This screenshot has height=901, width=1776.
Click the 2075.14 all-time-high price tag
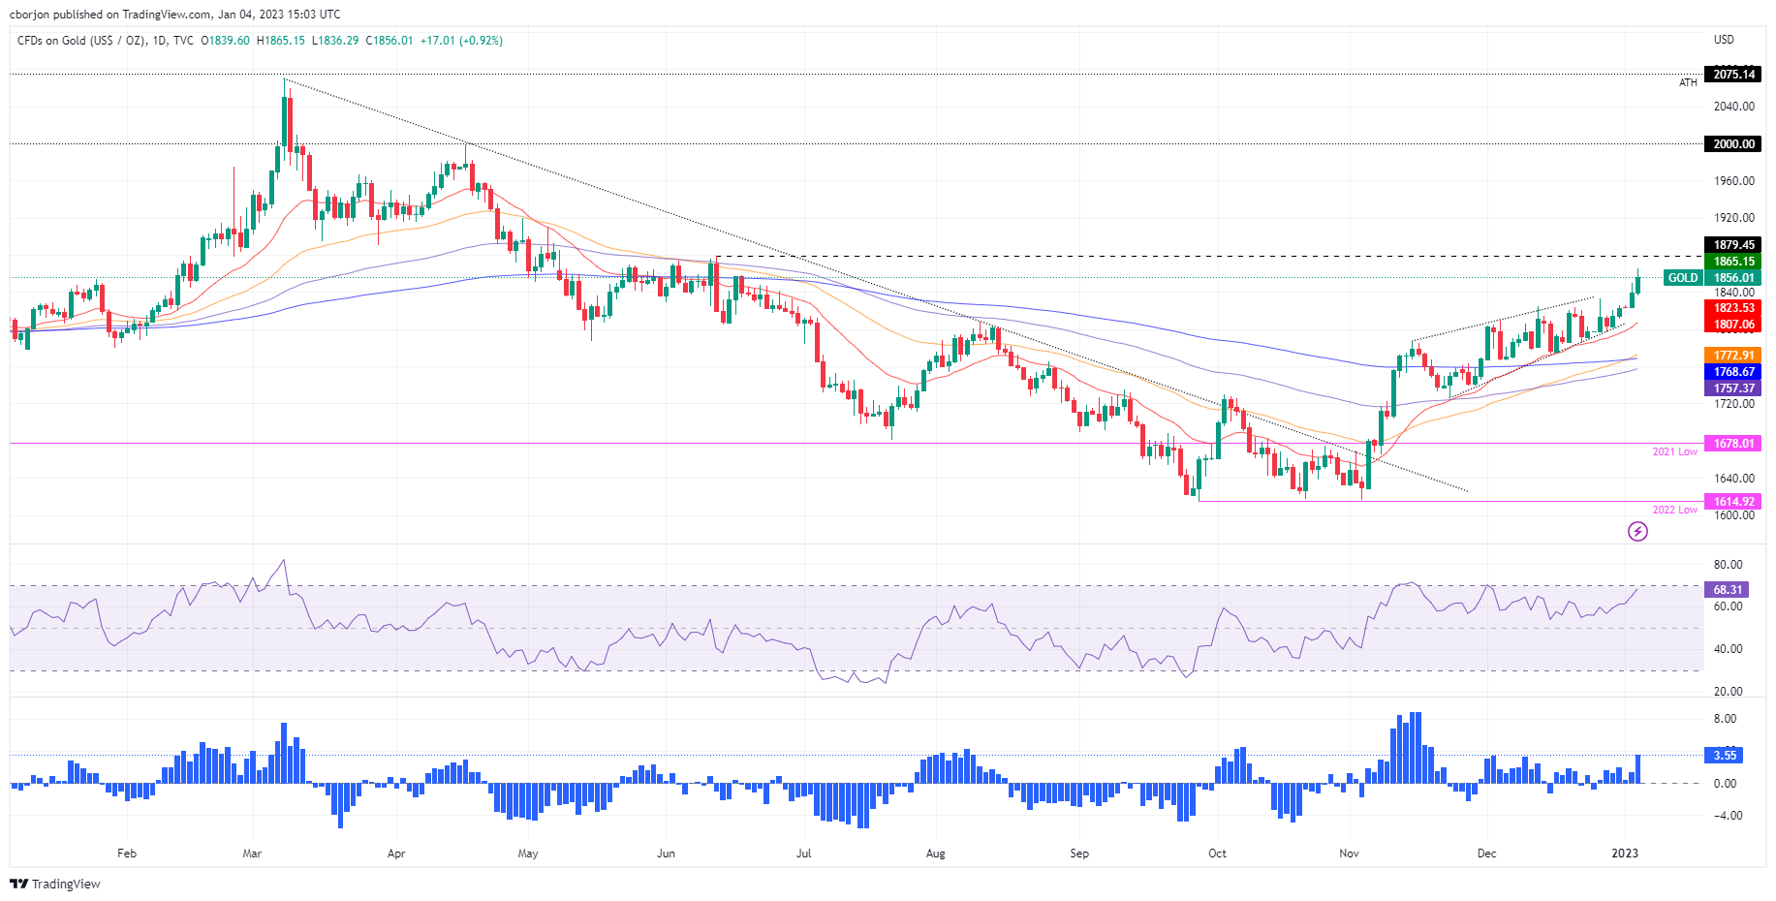1733,75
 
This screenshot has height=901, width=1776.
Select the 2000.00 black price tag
1733,144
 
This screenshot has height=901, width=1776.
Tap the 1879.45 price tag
1733,245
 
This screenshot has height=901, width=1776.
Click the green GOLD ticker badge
1682,278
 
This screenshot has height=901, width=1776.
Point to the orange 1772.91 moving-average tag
1733,356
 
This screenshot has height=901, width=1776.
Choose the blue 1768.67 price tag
1733,372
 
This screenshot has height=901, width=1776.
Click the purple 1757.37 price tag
1733,388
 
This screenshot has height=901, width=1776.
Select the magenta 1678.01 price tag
1733,444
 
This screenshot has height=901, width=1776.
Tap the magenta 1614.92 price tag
1733,502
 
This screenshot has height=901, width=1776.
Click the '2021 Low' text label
1674,451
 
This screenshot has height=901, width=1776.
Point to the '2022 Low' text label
1674,510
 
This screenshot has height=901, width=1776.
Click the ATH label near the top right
1688,83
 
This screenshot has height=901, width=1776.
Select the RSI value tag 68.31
1728,589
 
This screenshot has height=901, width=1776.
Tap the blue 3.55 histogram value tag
1725,755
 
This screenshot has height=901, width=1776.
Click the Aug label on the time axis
935,854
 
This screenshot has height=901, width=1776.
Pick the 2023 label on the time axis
1625,854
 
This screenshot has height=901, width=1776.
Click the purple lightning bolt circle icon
1637,531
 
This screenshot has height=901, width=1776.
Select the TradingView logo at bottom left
55,884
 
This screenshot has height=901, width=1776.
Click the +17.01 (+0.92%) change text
461,41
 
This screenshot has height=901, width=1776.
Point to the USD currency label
1724,40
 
